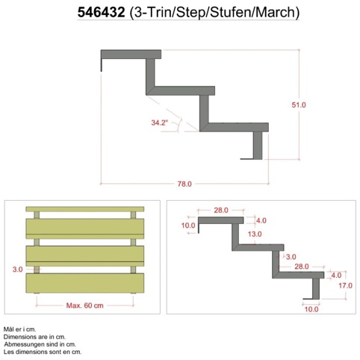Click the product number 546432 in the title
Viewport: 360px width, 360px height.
101,12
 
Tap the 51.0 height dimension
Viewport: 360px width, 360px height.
299,105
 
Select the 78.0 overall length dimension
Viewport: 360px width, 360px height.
184,184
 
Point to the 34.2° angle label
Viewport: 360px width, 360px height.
160,122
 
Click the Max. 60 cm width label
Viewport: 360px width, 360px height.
84,305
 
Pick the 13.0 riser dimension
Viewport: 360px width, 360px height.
255,234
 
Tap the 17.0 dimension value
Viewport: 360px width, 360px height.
345,285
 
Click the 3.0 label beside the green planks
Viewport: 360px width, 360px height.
17,270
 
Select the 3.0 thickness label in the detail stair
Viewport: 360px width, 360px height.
291,257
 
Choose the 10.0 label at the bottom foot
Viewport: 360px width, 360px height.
311,309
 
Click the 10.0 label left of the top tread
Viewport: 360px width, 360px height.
188,226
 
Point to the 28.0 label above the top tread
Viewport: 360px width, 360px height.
221,211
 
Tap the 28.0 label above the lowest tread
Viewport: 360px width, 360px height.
302,267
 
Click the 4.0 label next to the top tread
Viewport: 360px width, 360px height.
261,220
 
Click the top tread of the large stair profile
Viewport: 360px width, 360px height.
131,55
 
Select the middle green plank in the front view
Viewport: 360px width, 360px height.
85,254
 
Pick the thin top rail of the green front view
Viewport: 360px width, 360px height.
85,209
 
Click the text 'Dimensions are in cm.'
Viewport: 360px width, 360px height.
34,337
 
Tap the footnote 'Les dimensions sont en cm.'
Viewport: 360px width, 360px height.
43,352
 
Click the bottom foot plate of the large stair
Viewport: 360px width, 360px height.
251,159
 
